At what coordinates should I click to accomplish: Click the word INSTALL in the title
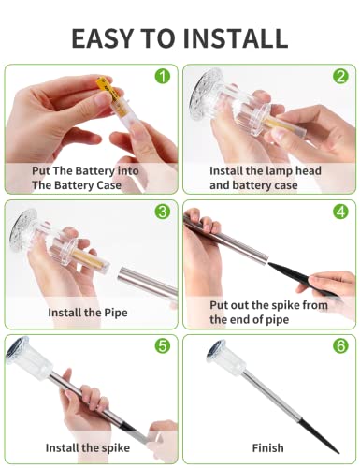pos(235,38)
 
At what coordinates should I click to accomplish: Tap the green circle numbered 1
pos(163,76)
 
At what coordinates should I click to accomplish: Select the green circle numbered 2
pos(340,76)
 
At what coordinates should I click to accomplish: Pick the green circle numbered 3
pos(163,212)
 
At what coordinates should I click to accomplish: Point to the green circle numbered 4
pos(340,212)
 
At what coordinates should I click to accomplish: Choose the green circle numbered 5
pos(163,345)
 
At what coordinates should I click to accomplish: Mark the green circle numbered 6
pos(340,345)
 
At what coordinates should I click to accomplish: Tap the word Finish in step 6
pos(268,448)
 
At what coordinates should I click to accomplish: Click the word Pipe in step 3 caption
pos(116,313)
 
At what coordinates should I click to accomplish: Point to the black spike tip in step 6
pos(338,452)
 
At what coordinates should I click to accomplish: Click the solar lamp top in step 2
pos(205,94)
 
